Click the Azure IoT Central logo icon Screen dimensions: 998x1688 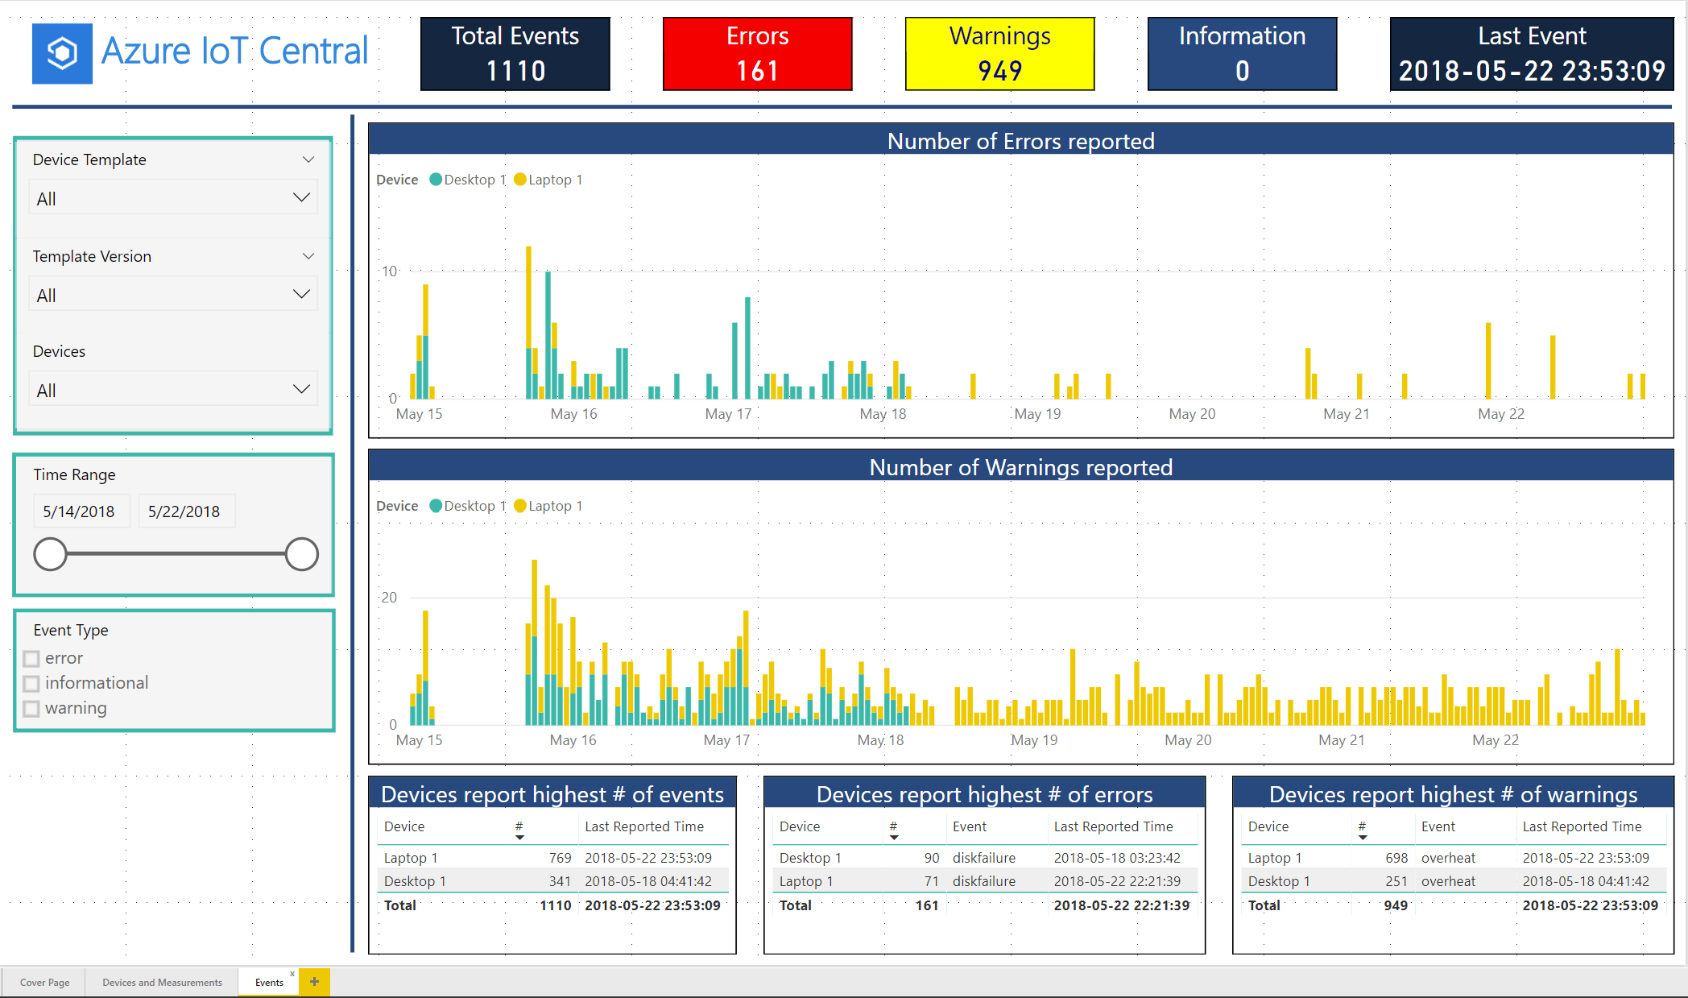pyautogui.click(x=62, y=53)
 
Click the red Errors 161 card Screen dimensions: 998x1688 pyautogui.click(x=757, y=53)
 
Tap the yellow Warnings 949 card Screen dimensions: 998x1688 pyautogui.click(x=999, y=53)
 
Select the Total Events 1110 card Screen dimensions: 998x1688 pyautogui.click(x=515, y=53)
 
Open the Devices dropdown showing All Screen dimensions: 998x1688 pyautogui.click(x=173, y=390)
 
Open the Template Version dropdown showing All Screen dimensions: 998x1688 pyautogui.click(x=173, y=295)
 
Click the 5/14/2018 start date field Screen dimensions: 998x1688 pyautogui.click(x=79, y=511)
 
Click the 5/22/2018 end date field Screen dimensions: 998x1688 pyautogui.click(x=184, y=511)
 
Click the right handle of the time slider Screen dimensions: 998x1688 pyautogui.click(x=301, y=554)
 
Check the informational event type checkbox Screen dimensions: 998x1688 pyautogui.click(x=31, y=684)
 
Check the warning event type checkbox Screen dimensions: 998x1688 pyautogui.click(x=31, y=709)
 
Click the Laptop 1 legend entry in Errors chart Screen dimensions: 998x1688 pyautogui.click(x=548, y=180)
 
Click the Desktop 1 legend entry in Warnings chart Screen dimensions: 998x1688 pyautogui.click(x=468, y=506)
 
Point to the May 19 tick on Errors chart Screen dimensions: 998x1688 pyautogui.click(x=1037, y=414)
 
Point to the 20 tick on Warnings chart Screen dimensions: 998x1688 pyautogui.click(x=389, y=598)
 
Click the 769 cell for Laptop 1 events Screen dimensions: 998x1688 pyautogui.click(x=560, y=858)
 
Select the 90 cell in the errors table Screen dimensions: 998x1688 pyautogui.click(x=931, y=858)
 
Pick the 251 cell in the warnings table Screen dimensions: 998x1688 pyautogui.click(x=1396, y=881)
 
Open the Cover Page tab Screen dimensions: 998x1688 pyautogui.click(x=45, y=982)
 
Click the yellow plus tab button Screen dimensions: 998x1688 pyautogui.click(x=314, y=981)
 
